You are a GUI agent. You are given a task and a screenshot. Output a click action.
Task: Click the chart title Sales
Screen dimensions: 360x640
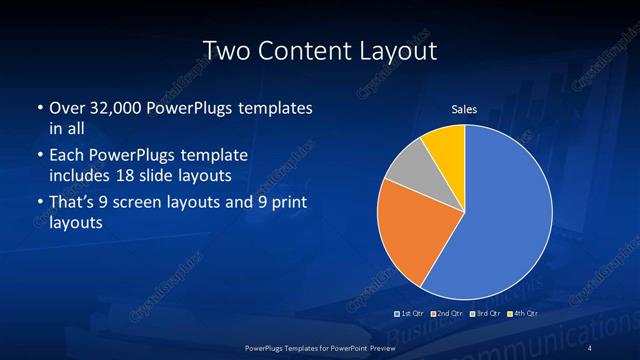(464, 109)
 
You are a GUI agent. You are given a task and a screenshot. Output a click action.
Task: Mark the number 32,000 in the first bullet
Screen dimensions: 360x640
(112, 107)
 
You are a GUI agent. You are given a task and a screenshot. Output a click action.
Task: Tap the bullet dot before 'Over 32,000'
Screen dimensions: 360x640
(37, 108)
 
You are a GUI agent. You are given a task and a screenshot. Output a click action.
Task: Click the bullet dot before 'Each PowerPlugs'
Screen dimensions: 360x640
(37, 157)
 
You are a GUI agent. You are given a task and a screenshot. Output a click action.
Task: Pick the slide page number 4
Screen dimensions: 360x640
(590, 347)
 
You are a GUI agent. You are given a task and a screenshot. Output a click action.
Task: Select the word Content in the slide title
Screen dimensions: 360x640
(307, 50)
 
